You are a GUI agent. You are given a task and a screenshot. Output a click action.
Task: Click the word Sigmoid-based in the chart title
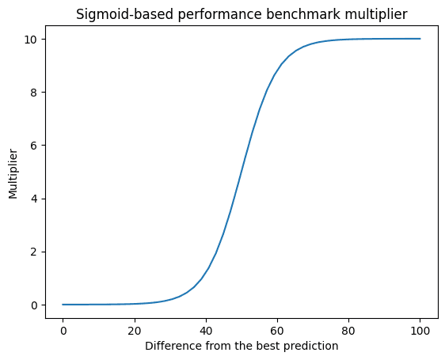(x=115, y=13)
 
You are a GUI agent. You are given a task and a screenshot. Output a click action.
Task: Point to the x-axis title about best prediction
(x=241, y=345)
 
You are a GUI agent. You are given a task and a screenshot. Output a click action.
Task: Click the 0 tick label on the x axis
(x=63, y=328)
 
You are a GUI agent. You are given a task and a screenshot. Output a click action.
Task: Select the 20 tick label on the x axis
(x=135, y=328)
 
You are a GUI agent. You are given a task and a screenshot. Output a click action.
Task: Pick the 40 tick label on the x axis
(x=206, y=328)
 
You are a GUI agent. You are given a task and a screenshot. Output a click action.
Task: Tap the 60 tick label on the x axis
(x=277, y=328)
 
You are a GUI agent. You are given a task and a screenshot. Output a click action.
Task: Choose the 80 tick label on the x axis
(x=348, y=328)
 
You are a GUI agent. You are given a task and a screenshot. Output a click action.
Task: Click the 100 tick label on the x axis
(x=420, y=328)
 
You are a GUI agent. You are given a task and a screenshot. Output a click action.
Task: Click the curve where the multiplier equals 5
(x=242, y=172)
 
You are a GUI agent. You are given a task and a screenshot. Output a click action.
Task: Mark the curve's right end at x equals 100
(x=420, y=39)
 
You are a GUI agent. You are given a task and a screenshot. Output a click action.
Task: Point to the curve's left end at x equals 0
(x=63, y=305)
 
